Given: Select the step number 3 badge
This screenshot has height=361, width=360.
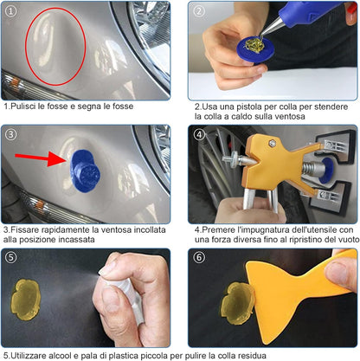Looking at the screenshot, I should (x=13, y=135).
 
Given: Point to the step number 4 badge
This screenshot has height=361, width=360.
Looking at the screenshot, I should (x=198, y=135).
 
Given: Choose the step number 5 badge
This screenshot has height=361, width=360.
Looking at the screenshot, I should (x=13, y=259).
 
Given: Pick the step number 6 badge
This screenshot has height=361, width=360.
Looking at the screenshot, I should (x=198, y=259).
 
